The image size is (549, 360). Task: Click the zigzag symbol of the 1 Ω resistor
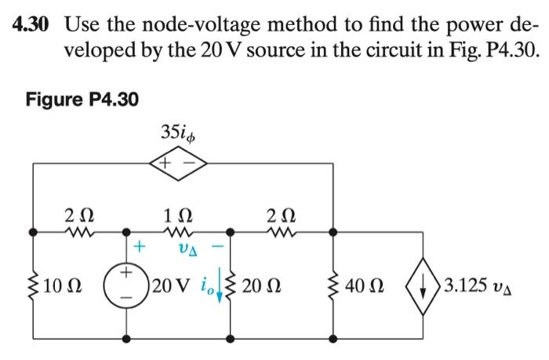pyautogui.click(x=180, y=232)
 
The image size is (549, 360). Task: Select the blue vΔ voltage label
pyautogui.click(x=180, y=249)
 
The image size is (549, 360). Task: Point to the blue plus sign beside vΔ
pyautogui.click(x=140, y=248)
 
